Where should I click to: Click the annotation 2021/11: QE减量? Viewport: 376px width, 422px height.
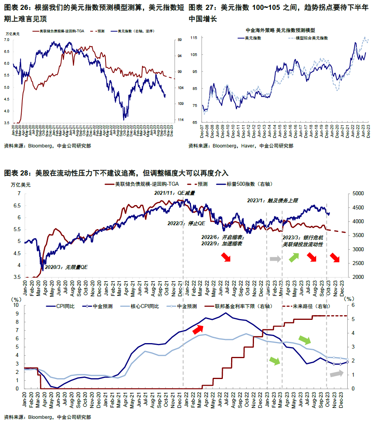[x=174, y=193]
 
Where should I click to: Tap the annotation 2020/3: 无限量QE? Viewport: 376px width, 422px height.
[x=66, y=267]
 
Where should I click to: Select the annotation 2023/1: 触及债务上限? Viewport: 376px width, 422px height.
[x=272, y=200]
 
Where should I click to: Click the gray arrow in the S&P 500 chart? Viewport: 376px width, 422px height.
[x=275, y=259]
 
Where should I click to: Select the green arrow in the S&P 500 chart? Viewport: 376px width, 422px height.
[x=294, y=258]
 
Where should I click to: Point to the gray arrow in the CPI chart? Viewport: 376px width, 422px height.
[x=336, y=373]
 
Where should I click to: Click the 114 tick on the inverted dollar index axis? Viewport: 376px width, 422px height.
[x=180, y=120]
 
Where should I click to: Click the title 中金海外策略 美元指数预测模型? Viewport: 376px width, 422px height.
[x=282, y=30]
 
